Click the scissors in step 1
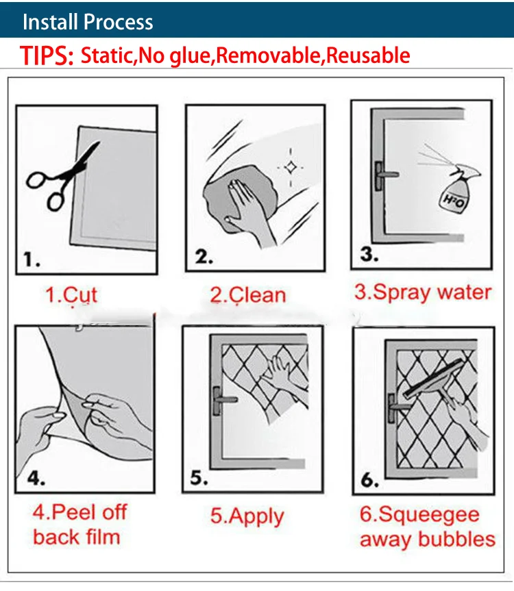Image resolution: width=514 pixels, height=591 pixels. click(x=62, y=177)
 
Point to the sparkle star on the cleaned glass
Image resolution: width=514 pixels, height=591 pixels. click(x=291, y=167)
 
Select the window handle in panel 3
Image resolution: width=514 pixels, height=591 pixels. click(x=384, y=175)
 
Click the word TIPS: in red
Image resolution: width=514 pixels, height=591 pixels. click(x=47, y=55)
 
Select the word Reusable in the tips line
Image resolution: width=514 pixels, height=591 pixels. click(x=368, y=55)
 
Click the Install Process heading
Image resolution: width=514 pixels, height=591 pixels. click(x=88, y=21)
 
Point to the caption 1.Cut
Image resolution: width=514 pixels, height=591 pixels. click(x=71, y=294)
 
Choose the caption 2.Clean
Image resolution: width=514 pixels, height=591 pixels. click(x=248, y=294)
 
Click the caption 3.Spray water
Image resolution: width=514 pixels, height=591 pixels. click(x=423, y=292)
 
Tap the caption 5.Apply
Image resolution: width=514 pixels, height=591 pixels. click(x=247, y=516)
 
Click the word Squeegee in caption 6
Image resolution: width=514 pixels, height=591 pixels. click(x=429, y=515)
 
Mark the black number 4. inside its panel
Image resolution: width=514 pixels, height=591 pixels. click(x=36, y=479)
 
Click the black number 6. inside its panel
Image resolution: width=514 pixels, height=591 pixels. click(x=369, y=480)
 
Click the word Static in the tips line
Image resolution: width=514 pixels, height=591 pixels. click(x=108, y=55)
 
